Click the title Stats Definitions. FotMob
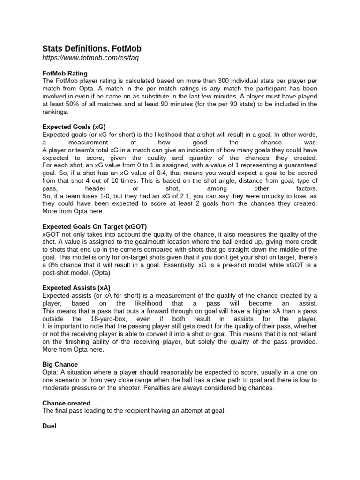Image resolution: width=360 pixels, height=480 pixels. coord(92,49)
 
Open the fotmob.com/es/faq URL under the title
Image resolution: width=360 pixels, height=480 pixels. coord(90,58)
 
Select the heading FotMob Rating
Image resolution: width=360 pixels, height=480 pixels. coord(65,74)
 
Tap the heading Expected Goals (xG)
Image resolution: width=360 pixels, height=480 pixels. coord(74,127)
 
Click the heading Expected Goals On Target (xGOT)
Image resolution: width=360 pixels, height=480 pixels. coord(94,226)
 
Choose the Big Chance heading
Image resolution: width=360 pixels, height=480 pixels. coord(60,364)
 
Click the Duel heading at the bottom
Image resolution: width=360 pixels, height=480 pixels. coord(49,426)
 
